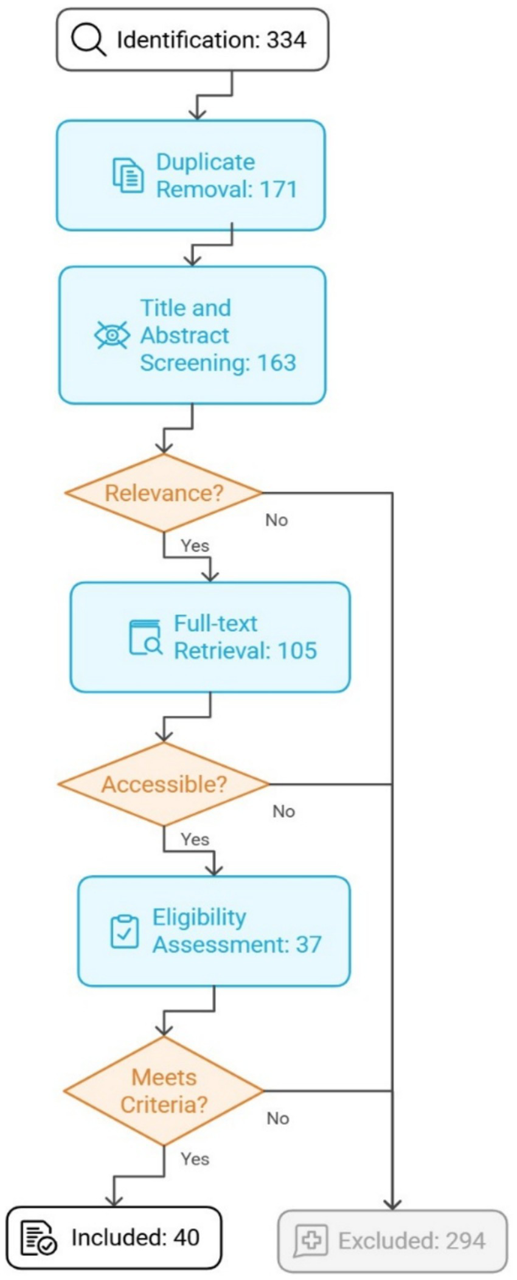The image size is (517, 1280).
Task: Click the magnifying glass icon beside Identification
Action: coord(88,40)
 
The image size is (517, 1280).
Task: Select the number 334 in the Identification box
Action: coord(286,40)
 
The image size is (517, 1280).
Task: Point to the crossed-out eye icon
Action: coord(112,335)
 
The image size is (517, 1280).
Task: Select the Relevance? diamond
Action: coord(164,493)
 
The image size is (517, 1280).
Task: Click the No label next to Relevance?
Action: coord(276,520)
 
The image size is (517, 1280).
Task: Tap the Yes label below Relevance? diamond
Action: coord(195,545)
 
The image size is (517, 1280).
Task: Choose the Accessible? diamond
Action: coord(164,784)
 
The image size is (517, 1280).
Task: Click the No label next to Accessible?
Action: coord(283,811)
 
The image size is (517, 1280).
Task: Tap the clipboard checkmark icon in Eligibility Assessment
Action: coord(125,931)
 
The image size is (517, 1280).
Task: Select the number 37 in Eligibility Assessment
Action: coord(308,944)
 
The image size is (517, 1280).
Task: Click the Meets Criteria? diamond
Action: coord(164,1090)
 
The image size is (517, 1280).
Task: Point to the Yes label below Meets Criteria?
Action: coord(195,1159)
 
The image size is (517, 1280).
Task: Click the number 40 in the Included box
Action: coord(186,1237)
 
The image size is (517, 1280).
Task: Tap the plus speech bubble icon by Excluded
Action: coord(311,1240)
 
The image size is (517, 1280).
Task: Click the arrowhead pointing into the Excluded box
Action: coord(392,1204)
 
